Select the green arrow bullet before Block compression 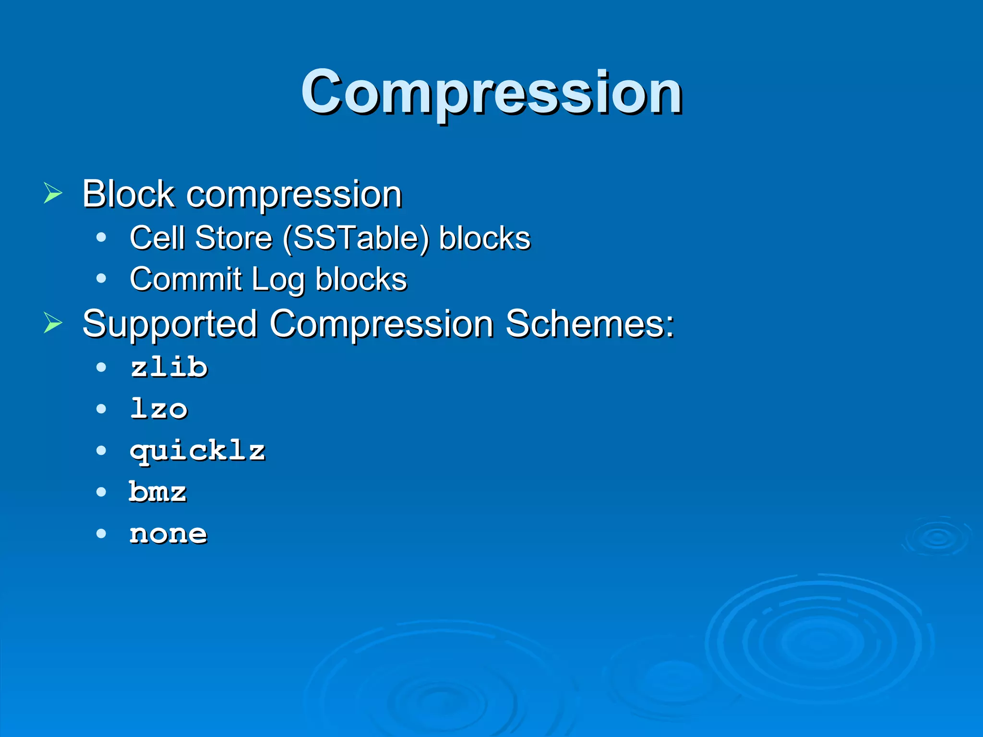[x=53, y=193]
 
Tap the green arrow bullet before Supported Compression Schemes [x=53, y=322]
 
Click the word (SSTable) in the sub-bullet [x=356, y=238]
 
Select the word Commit [x=185, y=279]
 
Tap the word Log [x=278, y=280]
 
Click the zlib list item [x=169, y=368]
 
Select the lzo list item [x=159, y=409]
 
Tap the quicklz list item [x=197, y=451]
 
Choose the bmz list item [x=158, y=492]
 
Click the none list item [x=168, y=534]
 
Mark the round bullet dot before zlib [x=101, y=368]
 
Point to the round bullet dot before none [x=101, y=534]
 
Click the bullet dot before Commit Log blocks [x=101, y=278]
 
